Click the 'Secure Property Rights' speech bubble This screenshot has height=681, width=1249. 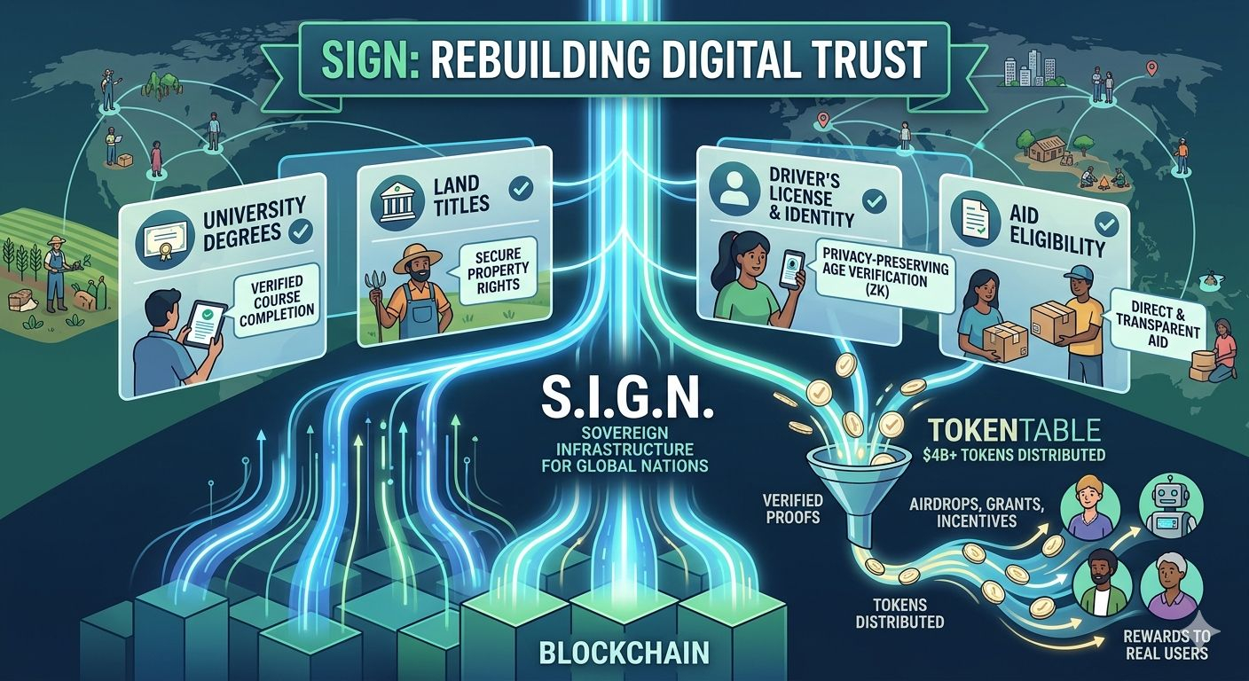click(498, 268)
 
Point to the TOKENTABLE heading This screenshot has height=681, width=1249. click(1015, 431)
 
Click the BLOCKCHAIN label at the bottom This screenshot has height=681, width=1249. click(624, 653)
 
